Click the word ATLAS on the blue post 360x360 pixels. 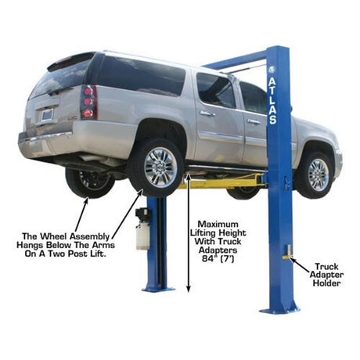coord(272,101)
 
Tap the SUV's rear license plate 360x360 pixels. coord(47,115)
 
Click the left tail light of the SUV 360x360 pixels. coord(88,103)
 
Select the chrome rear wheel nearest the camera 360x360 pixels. coord(160,167)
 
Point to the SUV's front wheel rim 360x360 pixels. coord(319,175)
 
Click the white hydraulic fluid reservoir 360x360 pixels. coord(142,238)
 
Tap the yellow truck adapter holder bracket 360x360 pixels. coord(287,254)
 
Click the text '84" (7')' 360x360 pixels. coord(218,258)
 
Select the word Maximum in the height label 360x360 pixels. coord(218,224)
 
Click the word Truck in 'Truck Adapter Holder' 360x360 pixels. coord(326,267)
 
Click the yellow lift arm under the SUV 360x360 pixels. coord(221,182)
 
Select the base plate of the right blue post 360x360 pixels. coord(279,310)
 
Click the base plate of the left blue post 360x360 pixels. coord(158,290)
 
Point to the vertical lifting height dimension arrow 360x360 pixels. coord(189,233)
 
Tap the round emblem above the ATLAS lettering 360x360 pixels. coord(272,70)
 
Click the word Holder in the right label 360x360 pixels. coord(326,283)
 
